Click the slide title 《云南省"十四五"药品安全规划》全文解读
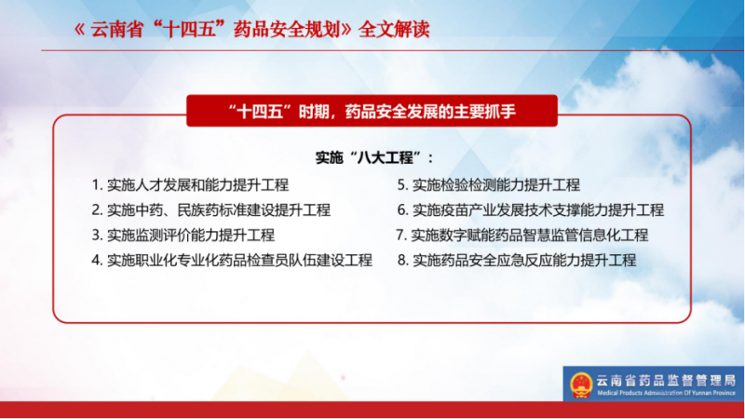coord(251,30)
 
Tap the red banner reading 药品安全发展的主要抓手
coord(372,111)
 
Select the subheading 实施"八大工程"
coord(374,157)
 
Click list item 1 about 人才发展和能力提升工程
coord(190,184)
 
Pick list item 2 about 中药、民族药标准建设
coord(211,210)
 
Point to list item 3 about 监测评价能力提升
coord(183,236)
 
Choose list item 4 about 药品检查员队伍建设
coord(232,261)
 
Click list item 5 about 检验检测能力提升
coord(488,184)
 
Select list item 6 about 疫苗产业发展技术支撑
coord(531,210)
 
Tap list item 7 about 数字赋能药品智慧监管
coord(522,236)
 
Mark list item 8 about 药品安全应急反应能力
coord(517,261)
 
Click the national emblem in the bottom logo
coord(581,385)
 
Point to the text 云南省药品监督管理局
coord(666,381)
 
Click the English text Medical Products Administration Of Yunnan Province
coord(666,393)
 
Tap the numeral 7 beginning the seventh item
coord(400,236)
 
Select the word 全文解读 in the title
coord(394,30)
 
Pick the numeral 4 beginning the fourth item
coord(96,261)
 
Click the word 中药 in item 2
coord(149,210)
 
